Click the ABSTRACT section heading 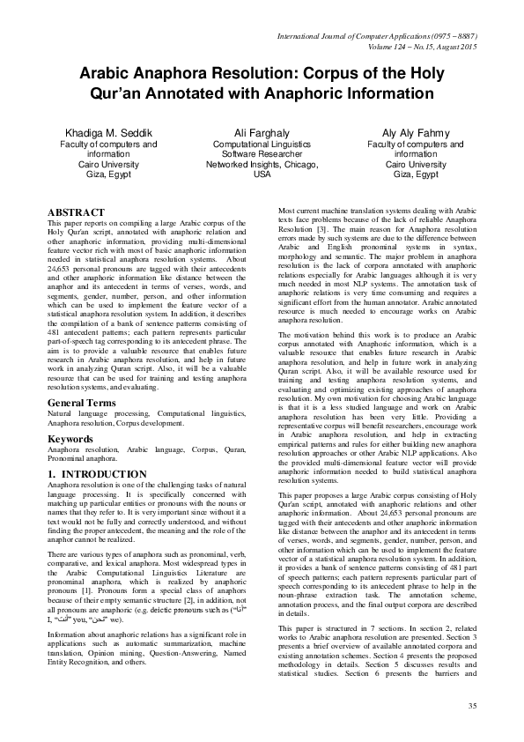[76, 214]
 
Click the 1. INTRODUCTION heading [98, 474]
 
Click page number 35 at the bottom [472, 705]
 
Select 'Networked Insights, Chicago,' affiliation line [262, 164]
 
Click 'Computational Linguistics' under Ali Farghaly [262, 143]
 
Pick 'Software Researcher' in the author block [262, 153]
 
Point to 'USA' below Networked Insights [262, 174]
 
